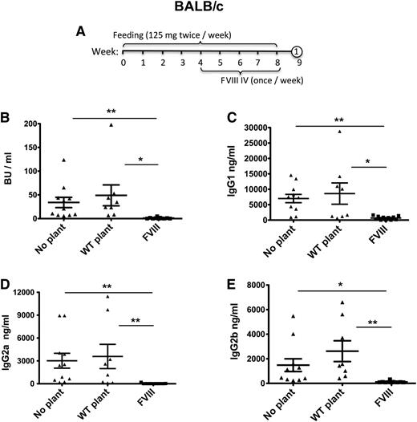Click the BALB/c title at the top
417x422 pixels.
pos(207,11)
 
